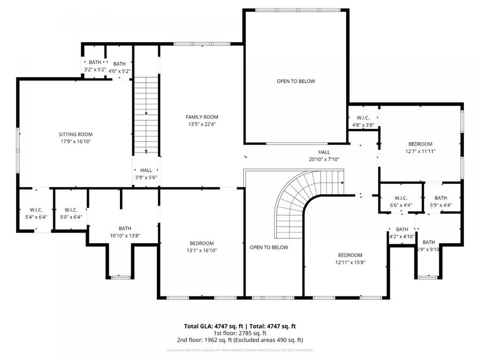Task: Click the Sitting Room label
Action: click(x=76, y=134)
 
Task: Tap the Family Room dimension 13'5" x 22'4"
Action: click(x=202, y=124)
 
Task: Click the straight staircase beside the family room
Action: click(x=146, y=115)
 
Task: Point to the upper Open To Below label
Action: click(x=295, y=82)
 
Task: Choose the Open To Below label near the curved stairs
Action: click(x=269, y=247)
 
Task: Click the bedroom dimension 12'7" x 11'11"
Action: click(x=420, y=151)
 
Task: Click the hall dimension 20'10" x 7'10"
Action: click(x=324, y=159)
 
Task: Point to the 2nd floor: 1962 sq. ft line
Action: click(x=240, y=340)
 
